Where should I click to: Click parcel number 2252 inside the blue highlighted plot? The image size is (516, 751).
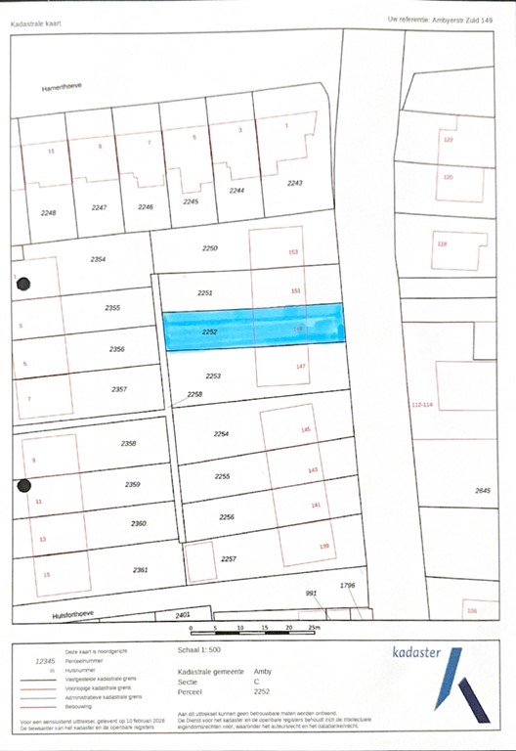click(x=208, y=333)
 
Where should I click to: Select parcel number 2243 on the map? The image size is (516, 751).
click(x=294, y=183)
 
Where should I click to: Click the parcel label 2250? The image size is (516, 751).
click(x=209, y=249)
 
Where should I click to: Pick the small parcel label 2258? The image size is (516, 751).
click(x=194, y=394)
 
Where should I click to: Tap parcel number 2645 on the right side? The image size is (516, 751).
click(x=483, y=490)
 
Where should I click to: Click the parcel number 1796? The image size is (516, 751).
click(x=346, y=585)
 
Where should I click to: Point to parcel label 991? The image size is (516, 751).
click(x=312, y=593)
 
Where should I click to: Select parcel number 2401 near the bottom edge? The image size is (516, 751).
click(x=182, y=615)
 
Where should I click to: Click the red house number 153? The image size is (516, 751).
click(x=292, y=252)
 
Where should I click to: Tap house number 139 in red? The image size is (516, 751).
click(x=325, y=546)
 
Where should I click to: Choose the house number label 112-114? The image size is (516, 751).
click(x=422, y=404)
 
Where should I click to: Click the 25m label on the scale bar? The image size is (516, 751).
click(x=314, y=628)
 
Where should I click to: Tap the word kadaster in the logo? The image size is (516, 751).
click(x=415, y=653)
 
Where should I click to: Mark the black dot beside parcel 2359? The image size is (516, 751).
click(x=24, y=485)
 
